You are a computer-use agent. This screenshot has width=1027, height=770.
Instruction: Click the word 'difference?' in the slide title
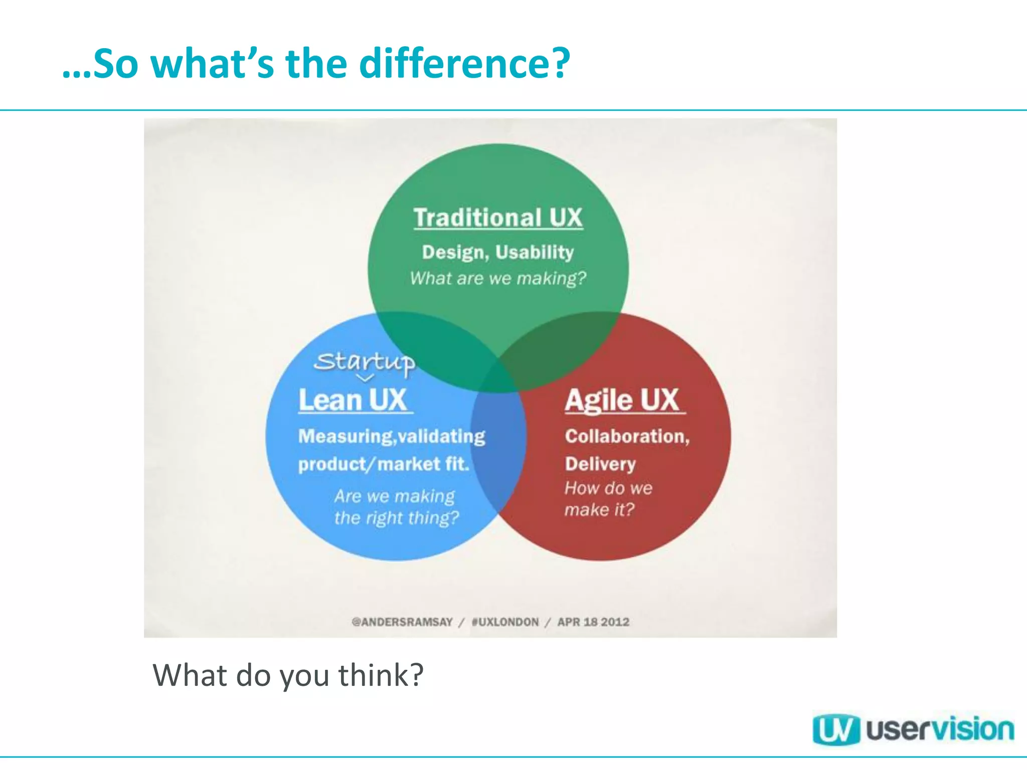pos(465,64)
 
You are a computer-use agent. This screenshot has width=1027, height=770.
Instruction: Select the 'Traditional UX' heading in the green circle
pos(498,218)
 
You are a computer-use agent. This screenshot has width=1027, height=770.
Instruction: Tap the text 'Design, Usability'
pos(498,252)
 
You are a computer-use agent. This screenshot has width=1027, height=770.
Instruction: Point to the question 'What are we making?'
pos(498,278)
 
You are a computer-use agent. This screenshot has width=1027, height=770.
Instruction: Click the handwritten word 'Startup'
pos(365,361)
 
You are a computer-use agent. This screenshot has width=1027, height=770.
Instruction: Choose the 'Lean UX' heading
pos(353,401)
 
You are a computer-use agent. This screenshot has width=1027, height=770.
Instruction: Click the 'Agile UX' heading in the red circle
pos(622,401)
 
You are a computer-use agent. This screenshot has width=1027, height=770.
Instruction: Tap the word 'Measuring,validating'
pos(392,437)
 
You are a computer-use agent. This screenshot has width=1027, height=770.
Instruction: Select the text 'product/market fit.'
pos(384,464)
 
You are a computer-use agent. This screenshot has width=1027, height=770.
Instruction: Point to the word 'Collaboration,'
pos(627,437)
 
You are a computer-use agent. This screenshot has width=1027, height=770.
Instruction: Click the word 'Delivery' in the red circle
pos(600,464)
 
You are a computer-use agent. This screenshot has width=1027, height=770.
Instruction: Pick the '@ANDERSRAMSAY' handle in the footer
pos(402,622)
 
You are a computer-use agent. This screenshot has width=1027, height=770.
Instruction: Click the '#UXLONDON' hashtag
pos(505,622)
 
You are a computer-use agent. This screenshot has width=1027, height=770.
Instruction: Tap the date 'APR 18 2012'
pos(593,622)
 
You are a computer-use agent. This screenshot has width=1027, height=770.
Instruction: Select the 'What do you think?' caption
pos(288,675)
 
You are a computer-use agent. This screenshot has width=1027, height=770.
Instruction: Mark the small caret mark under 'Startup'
pos(365,377)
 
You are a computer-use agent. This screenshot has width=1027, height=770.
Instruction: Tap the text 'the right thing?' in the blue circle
pos(397,518)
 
